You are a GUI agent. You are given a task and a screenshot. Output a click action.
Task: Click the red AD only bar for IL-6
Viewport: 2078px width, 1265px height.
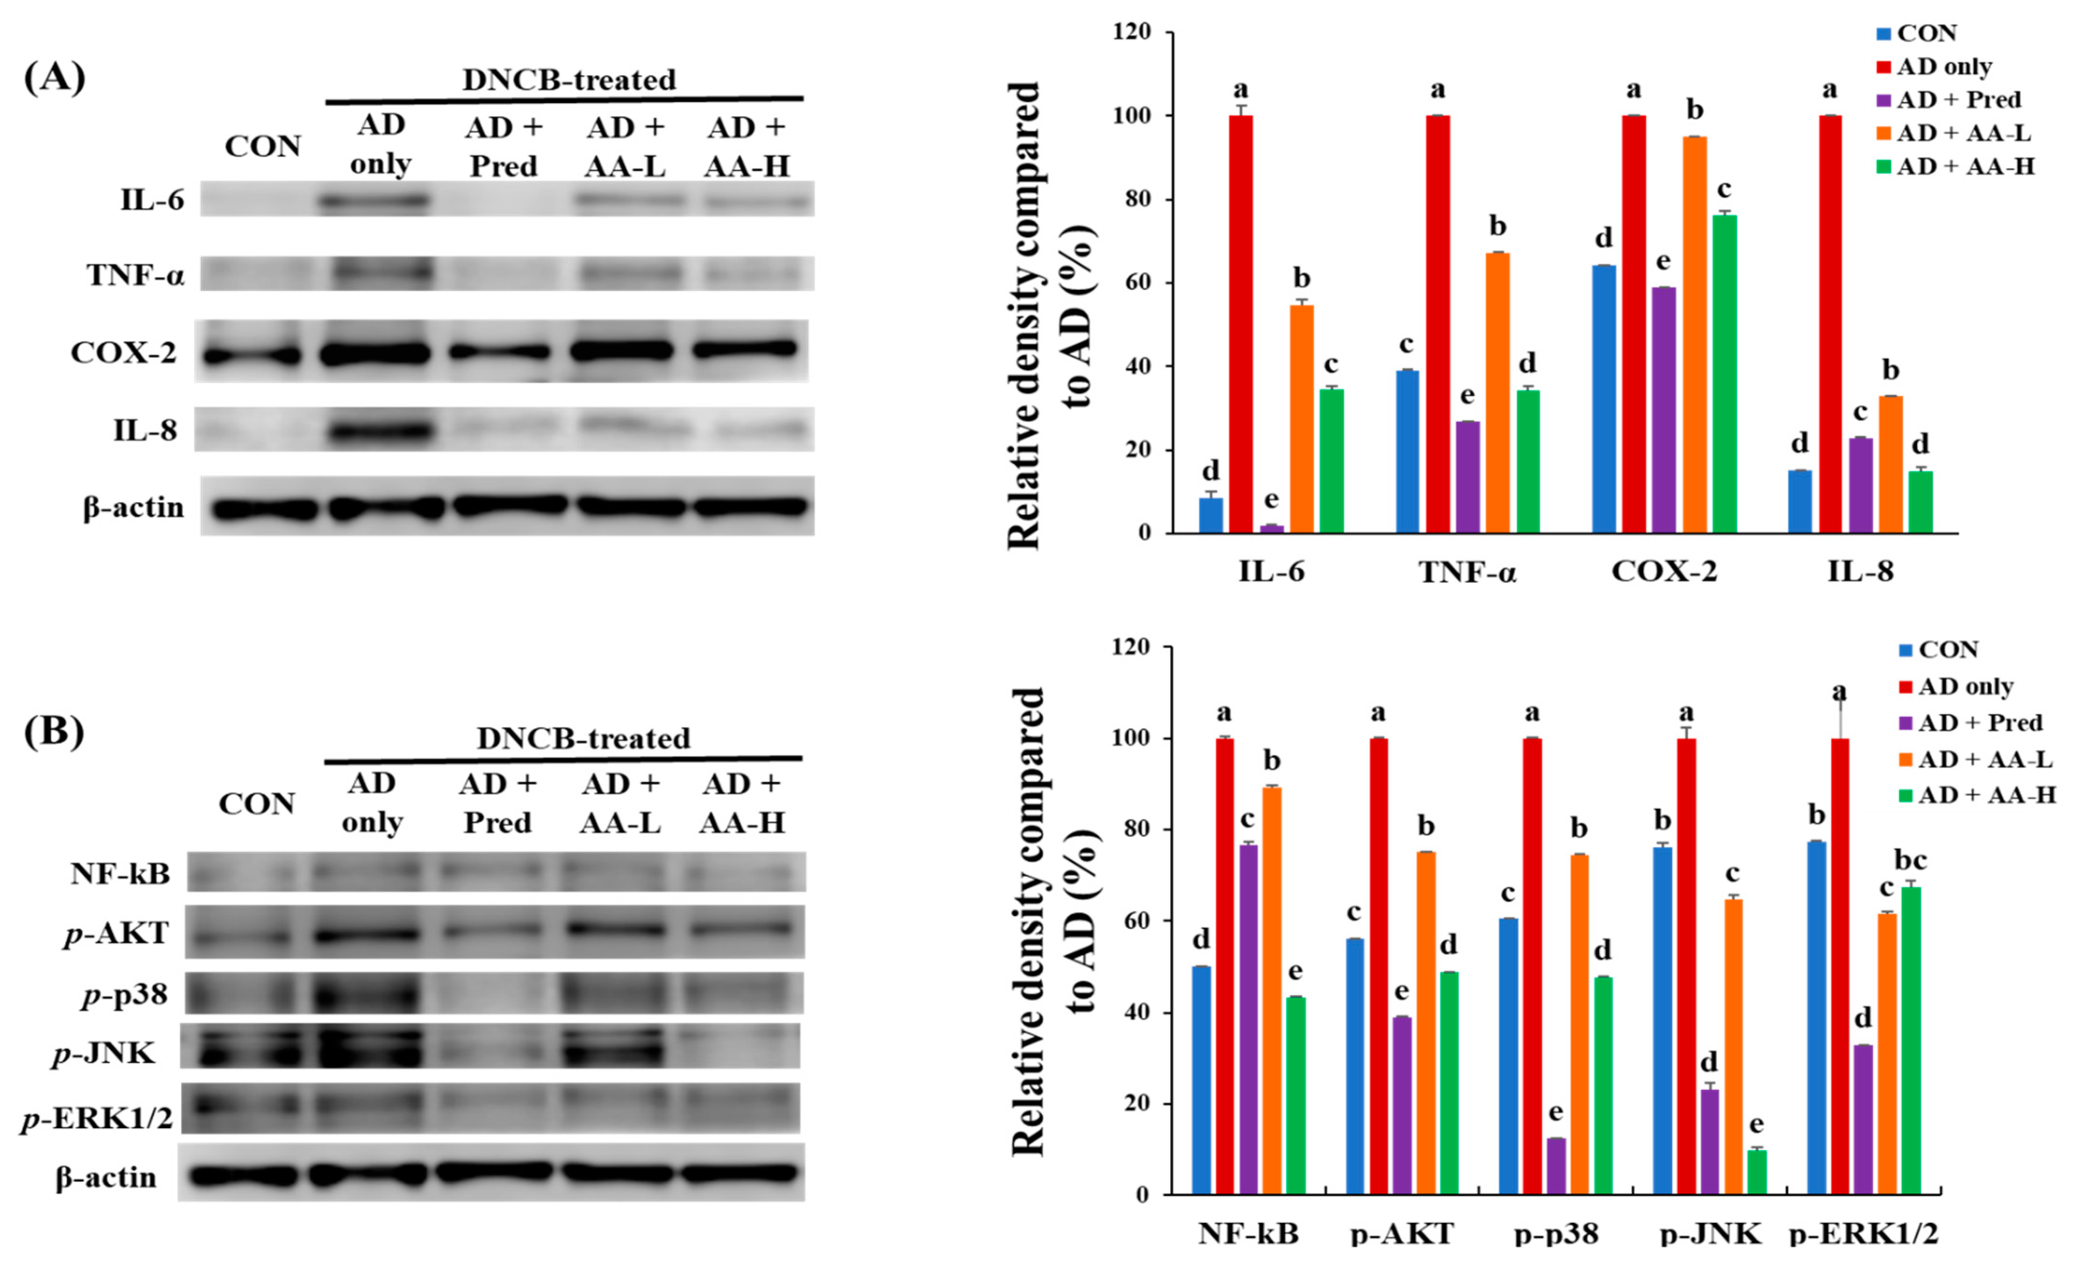click(1241, 325)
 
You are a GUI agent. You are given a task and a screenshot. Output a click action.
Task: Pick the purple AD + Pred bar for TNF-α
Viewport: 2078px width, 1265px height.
click(1467, 477)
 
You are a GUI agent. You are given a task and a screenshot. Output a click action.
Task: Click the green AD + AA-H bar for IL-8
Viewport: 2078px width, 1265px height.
click(1921, 502)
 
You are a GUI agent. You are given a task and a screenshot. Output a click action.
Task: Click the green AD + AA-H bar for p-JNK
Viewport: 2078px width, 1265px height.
click(1757, 1172)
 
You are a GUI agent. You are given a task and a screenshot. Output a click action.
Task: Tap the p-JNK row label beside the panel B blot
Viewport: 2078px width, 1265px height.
click(104, 1053)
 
